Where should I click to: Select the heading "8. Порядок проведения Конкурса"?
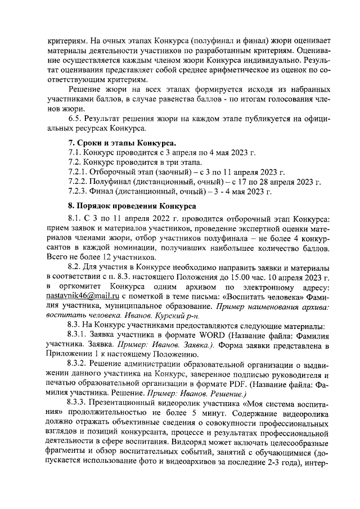(132, 206)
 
